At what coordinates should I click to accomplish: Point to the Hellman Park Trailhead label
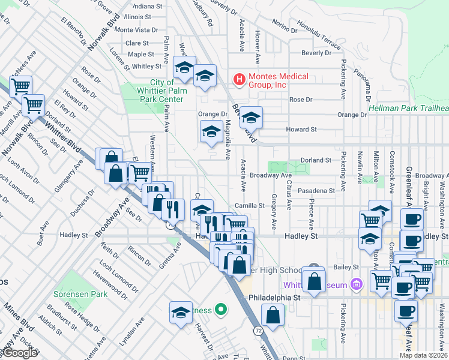408,108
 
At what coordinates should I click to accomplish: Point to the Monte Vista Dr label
136,29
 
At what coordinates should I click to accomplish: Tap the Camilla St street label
250,206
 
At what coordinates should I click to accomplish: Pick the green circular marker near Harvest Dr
221,310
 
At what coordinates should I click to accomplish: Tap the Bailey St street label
347,266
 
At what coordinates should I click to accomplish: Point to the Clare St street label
137,43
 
